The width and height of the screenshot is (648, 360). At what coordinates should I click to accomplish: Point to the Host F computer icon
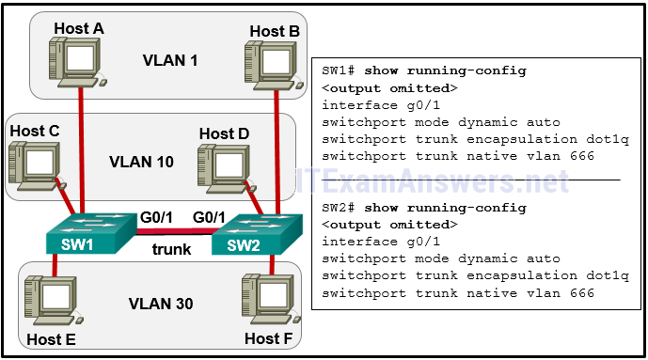tap(266, 299)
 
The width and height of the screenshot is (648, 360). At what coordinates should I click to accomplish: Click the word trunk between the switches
tap(171, 250)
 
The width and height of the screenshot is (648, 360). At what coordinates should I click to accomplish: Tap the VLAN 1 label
tap(170, 60)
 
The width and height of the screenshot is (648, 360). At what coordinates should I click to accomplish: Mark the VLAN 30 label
tap(161, 305)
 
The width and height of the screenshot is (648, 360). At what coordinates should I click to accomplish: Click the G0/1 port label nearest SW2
tap(208, 217)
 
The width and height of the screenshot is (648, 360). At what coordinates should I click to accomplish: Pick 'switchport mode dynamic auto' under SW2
tap(440, 258)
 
